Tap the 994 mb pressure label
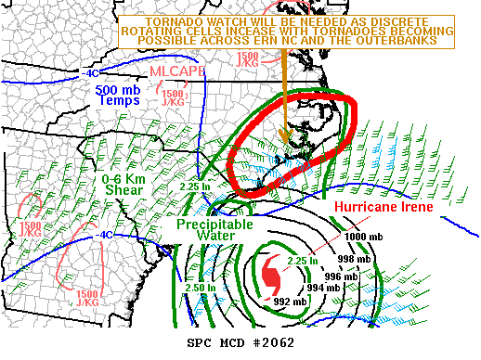[x=323, y=289]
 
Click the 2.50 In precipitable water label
[x=199, y=288]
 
